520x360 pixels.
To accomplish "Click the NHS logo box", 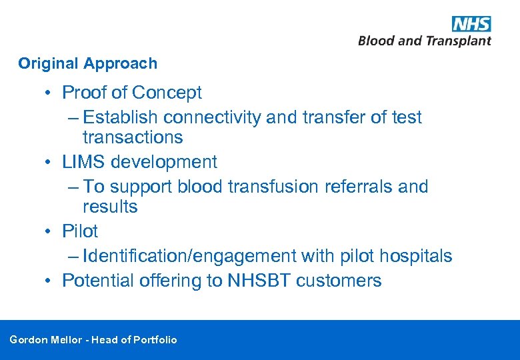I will (471, 24).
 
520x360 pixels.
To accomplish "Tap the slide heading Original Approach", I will (88, 64).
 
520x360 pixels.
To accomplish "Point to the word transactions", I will (133, 137).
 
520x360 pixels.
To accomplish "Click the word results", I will (110, 207).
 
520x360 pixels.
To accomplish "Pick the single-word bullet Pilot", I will (80, 231).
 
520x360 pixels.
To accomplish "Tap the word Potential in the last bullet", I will (98, 281).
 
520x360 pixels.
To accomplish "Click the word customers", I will (339, 281).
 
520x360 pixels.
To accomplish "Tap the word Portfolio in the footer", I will (155, 340).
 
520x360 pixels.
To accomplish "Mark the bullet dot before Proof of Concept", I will (50, 93).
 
